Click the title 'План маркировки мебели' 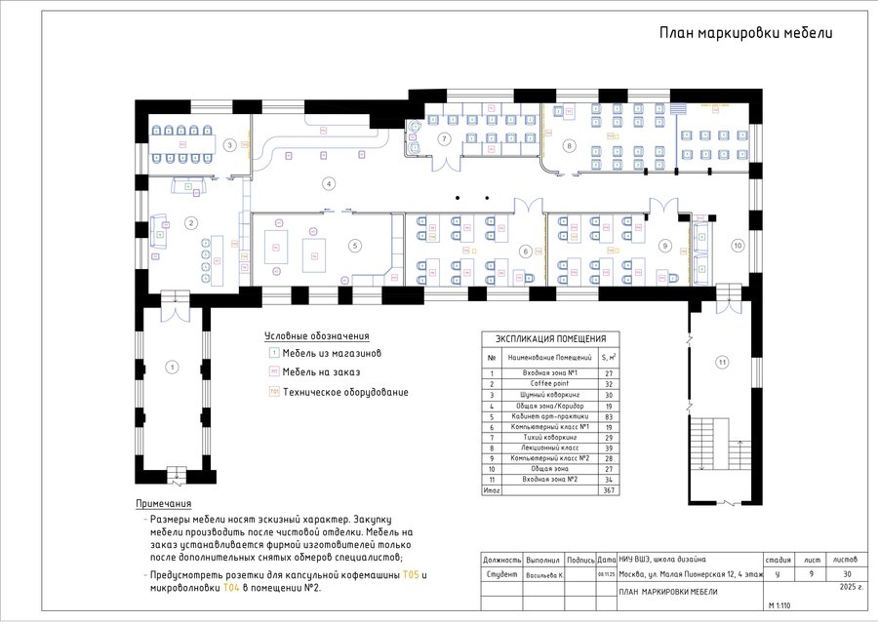pos(745,33)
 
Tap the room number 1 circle pos(173,368)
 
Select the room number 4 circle pos(329,183)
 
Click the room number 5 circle pos(356,246)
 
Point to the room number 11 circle pos(723,363)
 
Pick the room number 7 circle pos(444,138)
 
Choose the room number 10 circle pos(738,245)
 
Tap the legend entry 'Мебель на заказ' pos(321,372)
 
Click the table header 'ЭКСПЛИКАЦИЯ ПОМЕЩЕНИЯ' pos(551,338)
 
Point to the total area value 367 pos(610,490)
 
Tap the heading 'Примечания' pos(163,504)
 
